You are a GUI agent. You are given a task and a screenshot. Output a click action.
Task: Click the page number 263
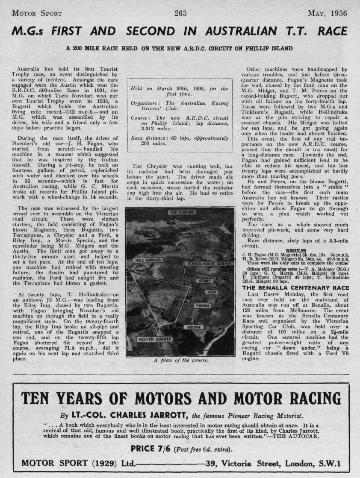click(180, 13)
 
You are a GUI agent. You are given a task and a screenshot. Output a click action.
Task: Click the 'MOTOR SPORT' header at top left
click(37, 14)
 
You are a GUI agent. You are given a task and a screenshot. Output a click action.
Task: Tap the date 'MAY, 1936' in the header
click(327, 14)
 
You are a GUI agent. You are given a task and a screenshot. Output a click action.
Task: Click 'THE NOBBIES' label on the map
click(182, 212)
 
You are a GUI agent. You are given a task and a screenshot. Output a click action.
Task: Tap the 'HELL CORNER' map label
click(148, 260)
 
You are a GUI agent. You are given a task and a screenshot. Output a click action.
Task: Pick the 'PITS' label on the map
click(212, 292)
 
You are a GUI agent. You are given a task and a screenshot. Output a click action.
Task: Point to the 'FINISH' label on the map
click(202, 306)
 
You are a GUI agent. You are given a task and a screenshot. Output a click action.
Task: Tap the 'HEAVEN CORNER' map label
click(154, 339)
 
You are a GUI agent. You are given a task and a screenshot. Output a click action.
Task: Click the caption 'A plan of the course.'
click(180, 360)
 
